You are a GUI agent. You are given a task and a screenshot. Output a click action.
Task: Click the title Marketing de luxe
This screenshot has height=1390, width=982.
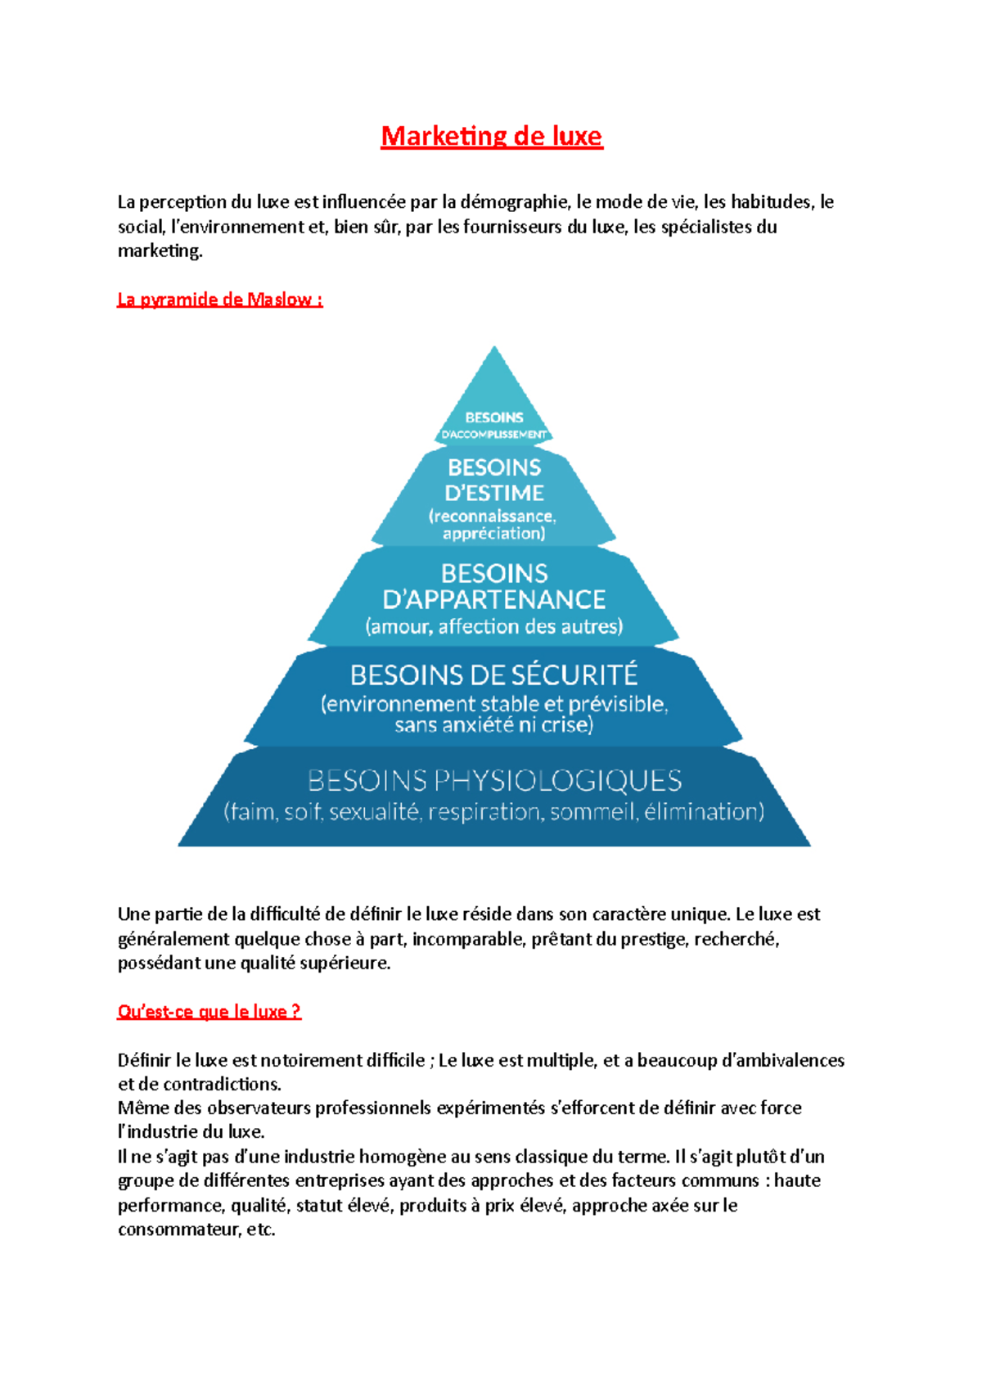click(x=491, y=136)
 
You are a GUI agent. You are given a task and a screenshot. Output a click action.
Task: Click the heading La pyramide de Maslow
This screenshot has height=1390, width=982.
click(x=219, y=300)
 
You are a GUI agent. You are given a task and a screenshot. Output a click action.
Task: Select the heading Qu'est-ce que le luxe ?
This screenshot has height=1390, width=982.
click(x=209, y=1012)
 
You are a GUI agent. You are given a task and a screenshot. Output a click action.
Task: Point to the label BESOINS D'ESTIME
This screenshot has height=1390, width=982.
click(x=494, y=481)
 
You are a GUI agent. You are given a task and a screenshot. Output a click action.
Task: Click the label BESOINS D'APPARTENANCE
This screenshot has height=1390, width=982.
click(x=494, y=587)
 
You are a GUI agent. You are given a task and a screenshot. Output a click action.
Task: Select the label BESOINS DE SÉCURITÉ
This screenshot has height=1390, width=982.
click(x=493, y=675)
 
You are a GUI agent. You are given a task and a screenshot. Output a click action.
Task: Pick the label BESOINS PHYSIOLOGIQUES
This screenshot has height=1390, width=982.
click(x=494, y=781)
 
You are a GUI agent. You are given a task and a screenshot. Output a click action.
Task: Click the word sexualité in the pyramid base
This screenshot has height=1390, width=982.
click(x=374, y=812)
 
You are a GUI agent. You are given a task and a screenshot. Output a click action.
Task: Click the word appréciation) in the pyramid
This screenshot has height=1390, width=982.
click(x=493, y=534)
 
